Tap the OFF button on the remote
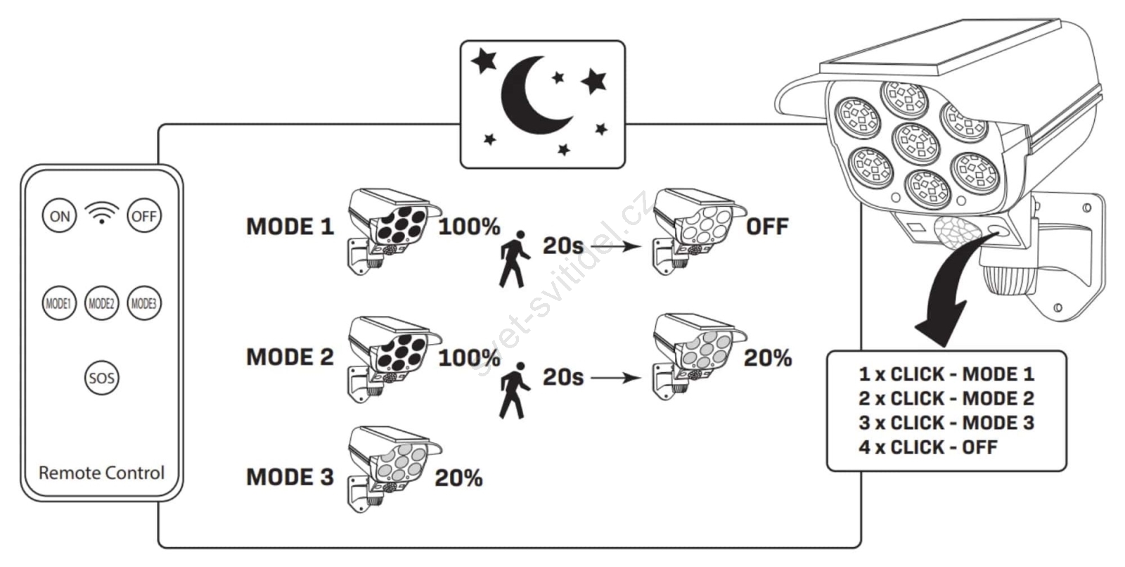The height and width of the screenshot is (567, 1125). (144, 216)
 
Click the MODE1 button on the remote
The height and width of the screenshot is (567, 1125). (58, 304)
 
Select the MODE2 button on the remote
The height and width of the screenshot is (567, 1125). (101, 304)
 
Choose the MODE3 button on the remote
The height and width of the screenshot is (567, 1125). (144, 304)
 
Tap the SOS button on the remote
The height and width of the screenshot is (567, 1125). (101, 378)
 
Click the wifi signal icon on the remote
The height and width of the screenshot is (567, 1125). (102, 212)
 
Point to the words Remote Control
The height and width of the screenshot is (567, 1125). (101, 473)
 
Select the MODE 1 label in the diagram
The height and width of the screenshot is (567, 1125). (290, 227)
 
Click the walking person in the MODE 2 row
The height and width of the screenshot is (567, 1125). (514, 391)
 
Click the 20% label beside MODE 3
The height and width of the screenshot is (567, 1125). (458, 478)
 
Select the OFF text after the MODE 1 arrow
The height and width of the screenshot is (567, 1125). (767, 227)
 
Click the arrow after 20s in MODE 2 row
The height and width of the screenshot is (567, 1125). (616, 378)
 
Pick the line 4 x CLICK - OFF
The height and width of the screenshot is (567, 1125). (927, 447)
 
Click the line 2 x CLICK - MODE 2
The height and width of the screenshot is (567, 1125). (946, 398)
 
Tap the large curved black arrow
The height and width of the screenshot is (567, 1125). (949, 295)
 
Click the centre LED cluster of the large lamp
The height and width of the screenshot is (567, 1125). (915, 143)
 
